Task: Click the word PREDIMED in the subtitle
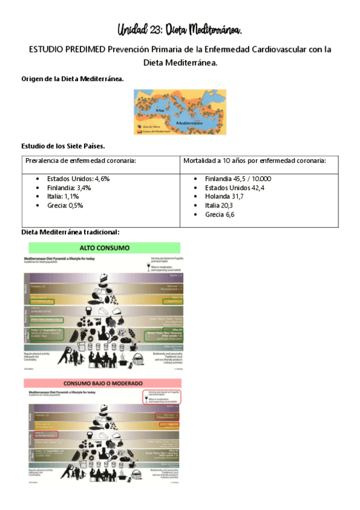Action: pyautogui.click(x=79, y=49)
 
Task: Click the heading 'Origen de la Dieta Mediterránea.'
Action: pyautogui.click(x=73, y=79)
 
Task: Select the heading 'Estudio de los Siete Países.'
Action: pyautogui.click(x=64, y=146)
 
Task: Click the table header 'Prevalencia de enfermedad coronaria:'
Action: pyautogui.click(x=81, y=161)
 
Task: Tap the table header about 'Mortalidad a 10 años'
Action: pyautogui.click(x=255, y=161)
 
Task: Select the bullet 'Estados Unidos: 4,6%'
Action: pyautogui.click(x=78, y=179)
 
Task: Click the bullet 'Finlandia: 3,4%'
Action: pyautogui.click(x=69, y=188)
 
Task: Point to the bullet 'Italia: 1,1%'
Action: pyautogui.click(x=63, y=196)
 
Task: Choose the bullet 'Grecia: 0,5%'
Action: pyautogui.click(x=65, y=205)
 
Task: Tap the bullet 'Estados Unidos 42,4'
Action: pyautogui.click(x=234, y=188)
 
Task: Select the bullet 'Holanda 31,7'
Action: pyautogui.click(x=224, y=196)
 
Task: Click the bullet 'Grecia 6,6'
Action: pyautogui.click(x=219, y=214)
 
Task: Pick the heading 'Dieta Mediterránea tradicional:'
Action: pyautogui.click(x=70, y=232)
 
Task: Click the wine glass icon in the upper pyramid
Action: pyautogui.click(x=147, y=266)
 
